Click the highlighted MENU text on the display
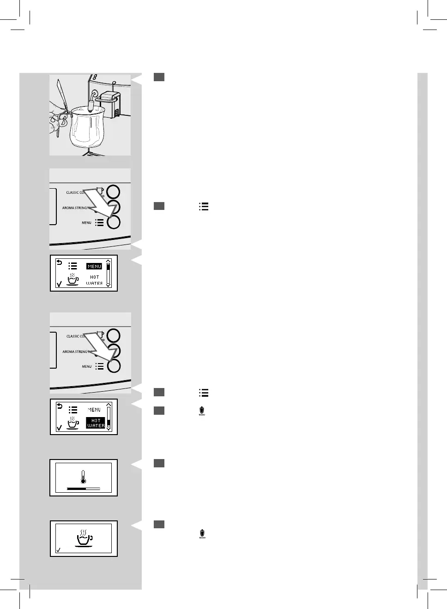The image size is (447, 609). (94, 266)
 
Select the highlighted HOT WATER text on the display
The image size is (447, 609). (96, 423)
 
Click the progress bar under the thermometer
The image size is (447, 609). (83, 488)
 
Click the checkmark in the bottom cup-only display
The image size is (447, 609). (58, 550)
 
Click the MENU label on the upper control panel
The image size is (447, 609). (86, 223)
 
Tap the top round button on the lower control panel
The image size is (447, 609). (113, 336)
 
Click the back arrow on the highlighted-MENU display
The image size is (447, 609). (59, 263)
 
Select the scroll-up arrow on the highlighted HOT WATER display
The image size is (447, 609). (109, 405)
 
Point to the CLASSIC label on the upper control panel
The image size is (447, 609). (74, 192)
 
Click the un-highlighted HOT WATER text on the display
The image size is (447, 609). (94, 280)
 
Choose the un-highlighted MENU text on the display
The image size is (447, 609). (94, 410)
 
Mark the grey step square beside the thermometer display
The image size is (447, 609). (159, 463)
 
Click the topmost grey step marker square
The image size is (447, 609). (159, 77)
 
